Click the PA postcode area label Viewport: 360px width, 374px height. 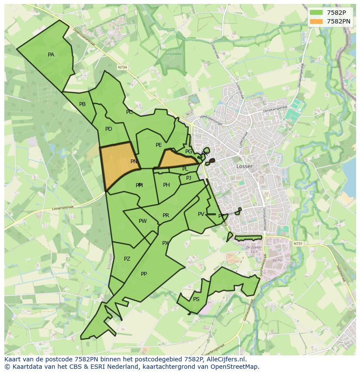click(x=51, y=55)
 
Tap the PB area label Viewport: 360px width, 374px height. click(x=82, y=104)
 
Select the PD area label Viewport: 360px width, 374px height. click(x=109, y=129)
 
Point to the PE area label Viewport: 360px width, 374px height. click(x=159, y=145)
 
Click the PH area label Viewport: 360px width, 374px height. click(x=167, y=185)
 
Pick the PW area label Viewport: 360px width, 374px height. click(x=143, y=221)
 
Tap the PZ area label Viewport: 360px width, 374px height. click(x=127, y=259)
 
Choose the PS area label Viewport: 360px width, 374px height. click(x=196, y=299)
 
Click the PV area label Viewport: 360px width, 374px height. click(x=201, y=214)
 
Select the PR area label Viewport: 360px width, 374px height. click(x=166, y=215)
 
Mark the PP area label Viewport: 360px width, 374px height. click(x=144, y=274)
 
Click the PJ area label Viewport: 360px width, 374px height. click(x=189, y=178)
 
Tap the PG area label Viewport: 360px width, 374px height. click(x=189, y=152)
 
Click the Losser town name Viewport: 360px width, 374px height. click(x=244, y=166)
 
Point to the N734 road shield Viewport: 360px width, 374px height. click(x=123, y=67)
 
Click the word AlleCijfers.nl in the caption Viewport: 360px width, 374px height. click(x=226, y=360)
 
